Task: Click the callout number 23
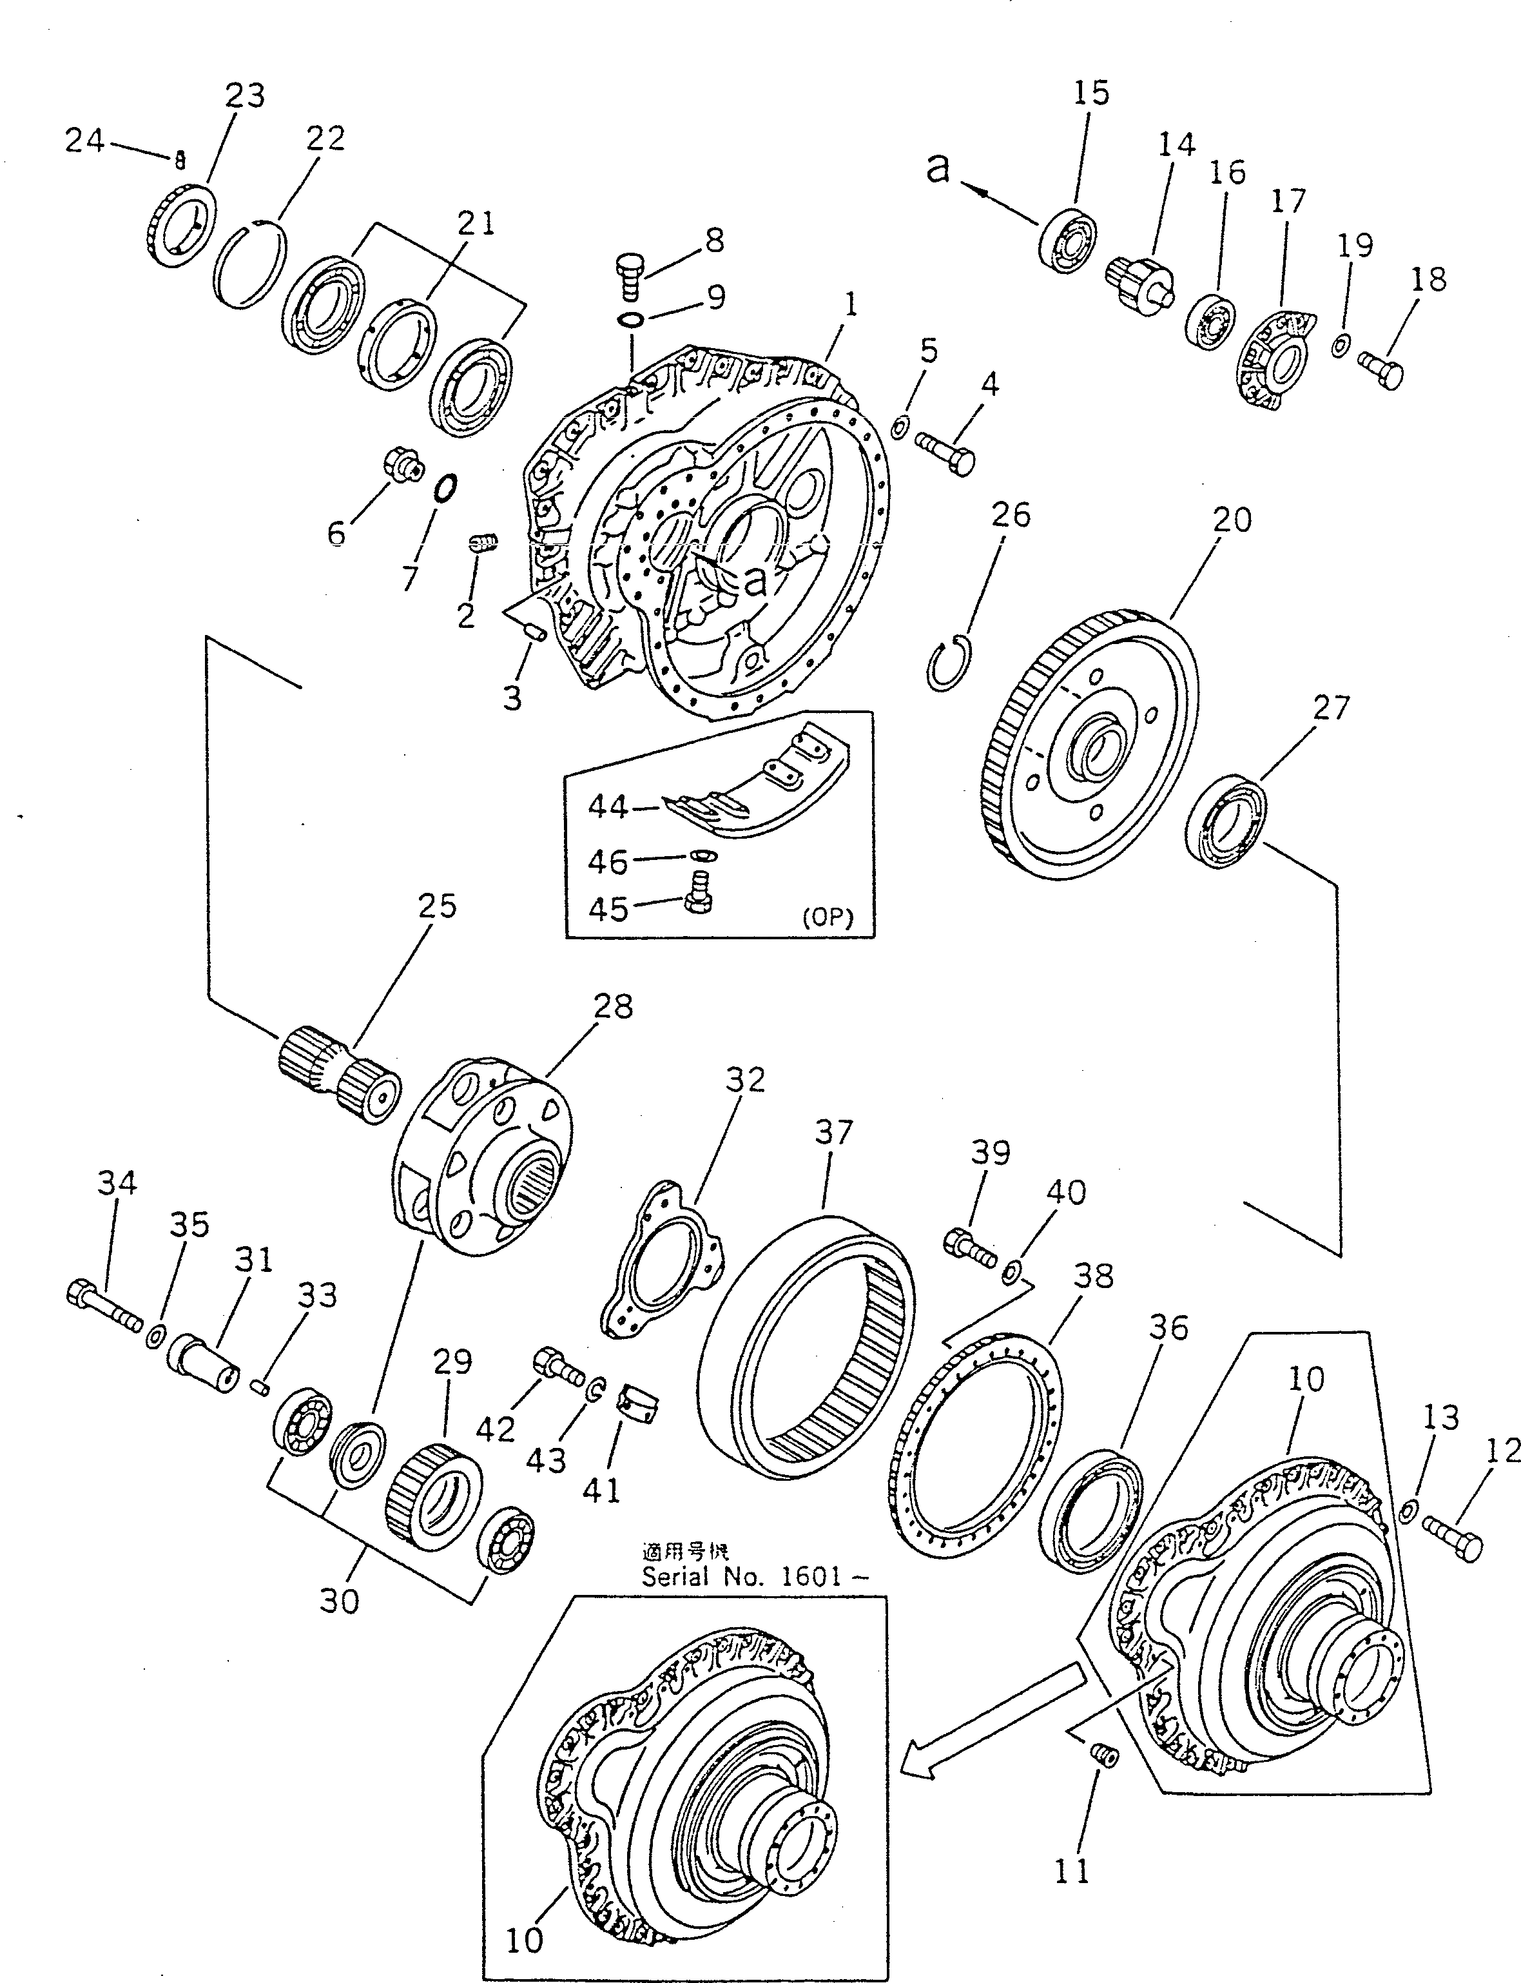pos(244,96)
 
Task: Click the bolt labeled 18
pos(1383,369)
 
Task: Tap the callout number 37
pos(833,1132)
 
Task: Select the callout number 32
pos(744,1079)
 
